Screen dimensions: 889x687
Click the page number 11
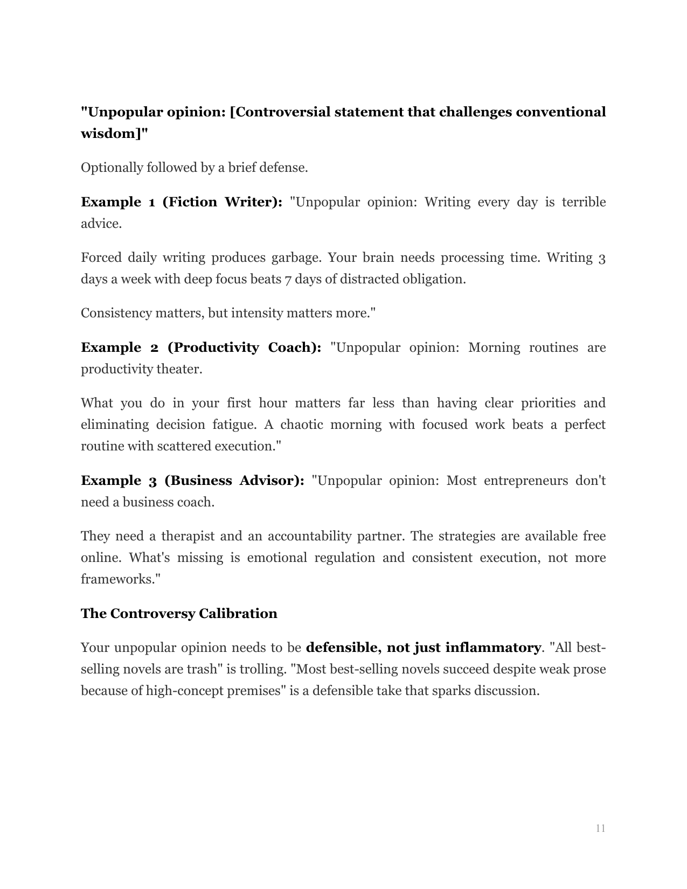[600, 828]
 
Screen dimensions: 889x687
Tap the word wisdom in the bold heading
[111, 134]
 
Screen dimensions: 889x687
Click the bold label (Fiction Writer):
[223, 202]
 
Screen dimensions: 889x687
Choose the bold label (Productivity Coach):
[244, 348]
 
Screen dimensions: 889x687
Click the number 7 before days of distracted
[288, 279]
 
